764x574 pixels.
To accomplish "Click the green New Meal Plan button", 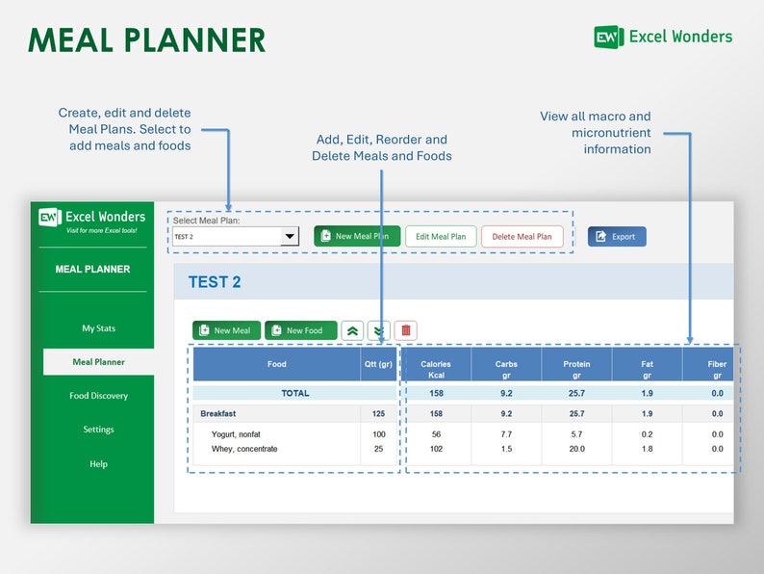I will [357, 236].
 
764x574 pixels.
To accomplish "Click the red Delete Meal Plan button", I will [522, 236].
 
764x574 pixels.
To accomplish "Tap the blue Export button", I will [617, 236].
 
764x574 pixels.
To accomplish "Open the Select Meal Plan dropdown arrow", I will [289, 236].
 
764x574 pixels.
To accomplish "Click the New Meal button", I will [226, 330].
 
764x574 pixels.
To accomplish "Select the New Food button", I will [300, 330].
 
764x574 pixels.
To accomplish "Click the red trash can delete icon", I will [406, 330].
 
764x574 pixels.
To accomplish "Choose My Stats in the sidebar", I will [98, 328].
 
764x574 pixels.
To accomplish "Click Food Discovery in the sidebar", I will [98, 396].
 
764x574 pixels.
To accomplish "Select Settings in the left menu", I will [98, 430].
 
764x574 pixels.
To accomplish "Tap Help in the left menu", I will [98, 464].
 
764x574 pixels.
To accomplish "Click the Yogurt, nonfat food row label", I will [236, 434].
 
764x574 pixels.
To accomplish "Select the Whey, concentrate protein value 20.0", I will [576, 449].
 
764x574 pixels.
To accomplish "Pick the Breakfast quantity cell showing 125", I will [378, 413].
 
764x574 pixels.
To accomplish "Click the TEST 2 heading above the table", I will [215, 282].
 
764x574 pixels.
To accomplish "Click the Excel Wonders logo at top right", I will [663, 37].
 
